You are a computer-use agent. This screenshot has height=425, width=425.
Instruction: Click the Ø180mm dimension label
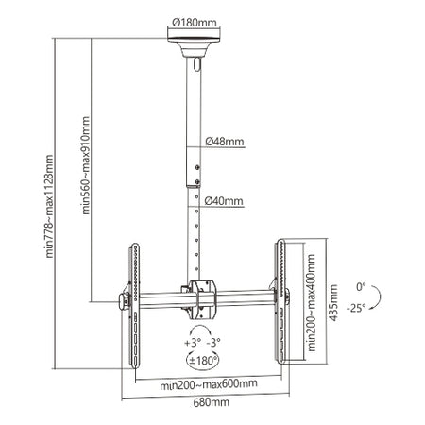coord(195,23)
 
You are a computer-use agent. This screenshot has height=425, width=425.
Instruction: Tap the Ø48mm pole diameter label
coord(225,142)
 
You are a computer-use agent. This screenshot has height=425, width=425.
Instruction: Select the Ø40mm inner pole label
coord(224,200)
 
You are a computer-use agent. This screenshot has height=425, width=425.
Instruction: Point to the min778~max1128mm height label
coord(49,206)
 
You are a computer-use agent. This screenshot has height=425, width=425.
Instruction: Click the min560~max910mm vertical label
coord(86,165)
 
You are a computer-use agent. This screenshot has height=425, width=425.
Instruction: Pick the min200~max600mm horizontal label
coord(209,384)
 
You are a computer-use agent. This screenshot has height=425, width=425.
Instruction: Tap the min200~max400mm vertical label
coord(311,302)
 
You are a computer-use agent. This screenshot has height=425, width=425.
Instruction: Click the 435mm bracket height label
coord(333,303)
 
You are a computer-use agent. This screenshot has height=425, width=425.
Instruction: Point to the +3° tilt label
coord(193,343)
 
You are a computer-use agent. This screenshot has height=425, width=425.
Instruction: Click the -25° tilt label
coord(356,308)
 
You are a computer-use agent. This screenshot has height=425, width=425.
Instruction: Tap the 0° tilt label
coord(361,287)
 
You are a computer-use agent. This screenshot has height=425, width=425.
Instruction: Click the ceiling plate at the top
coord(194,41)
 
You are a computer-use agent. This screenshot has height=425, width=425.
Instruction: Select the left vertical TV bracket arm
coord(134,305)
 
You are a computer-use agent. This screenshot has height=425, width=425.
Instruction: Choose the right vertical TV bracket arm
coord(280,301)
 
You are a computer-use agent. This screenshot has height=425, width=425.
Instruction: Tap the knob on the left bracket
coord(124,301)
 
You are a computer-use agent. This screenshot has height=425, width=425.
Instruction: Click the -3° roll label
coord(213,343)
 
